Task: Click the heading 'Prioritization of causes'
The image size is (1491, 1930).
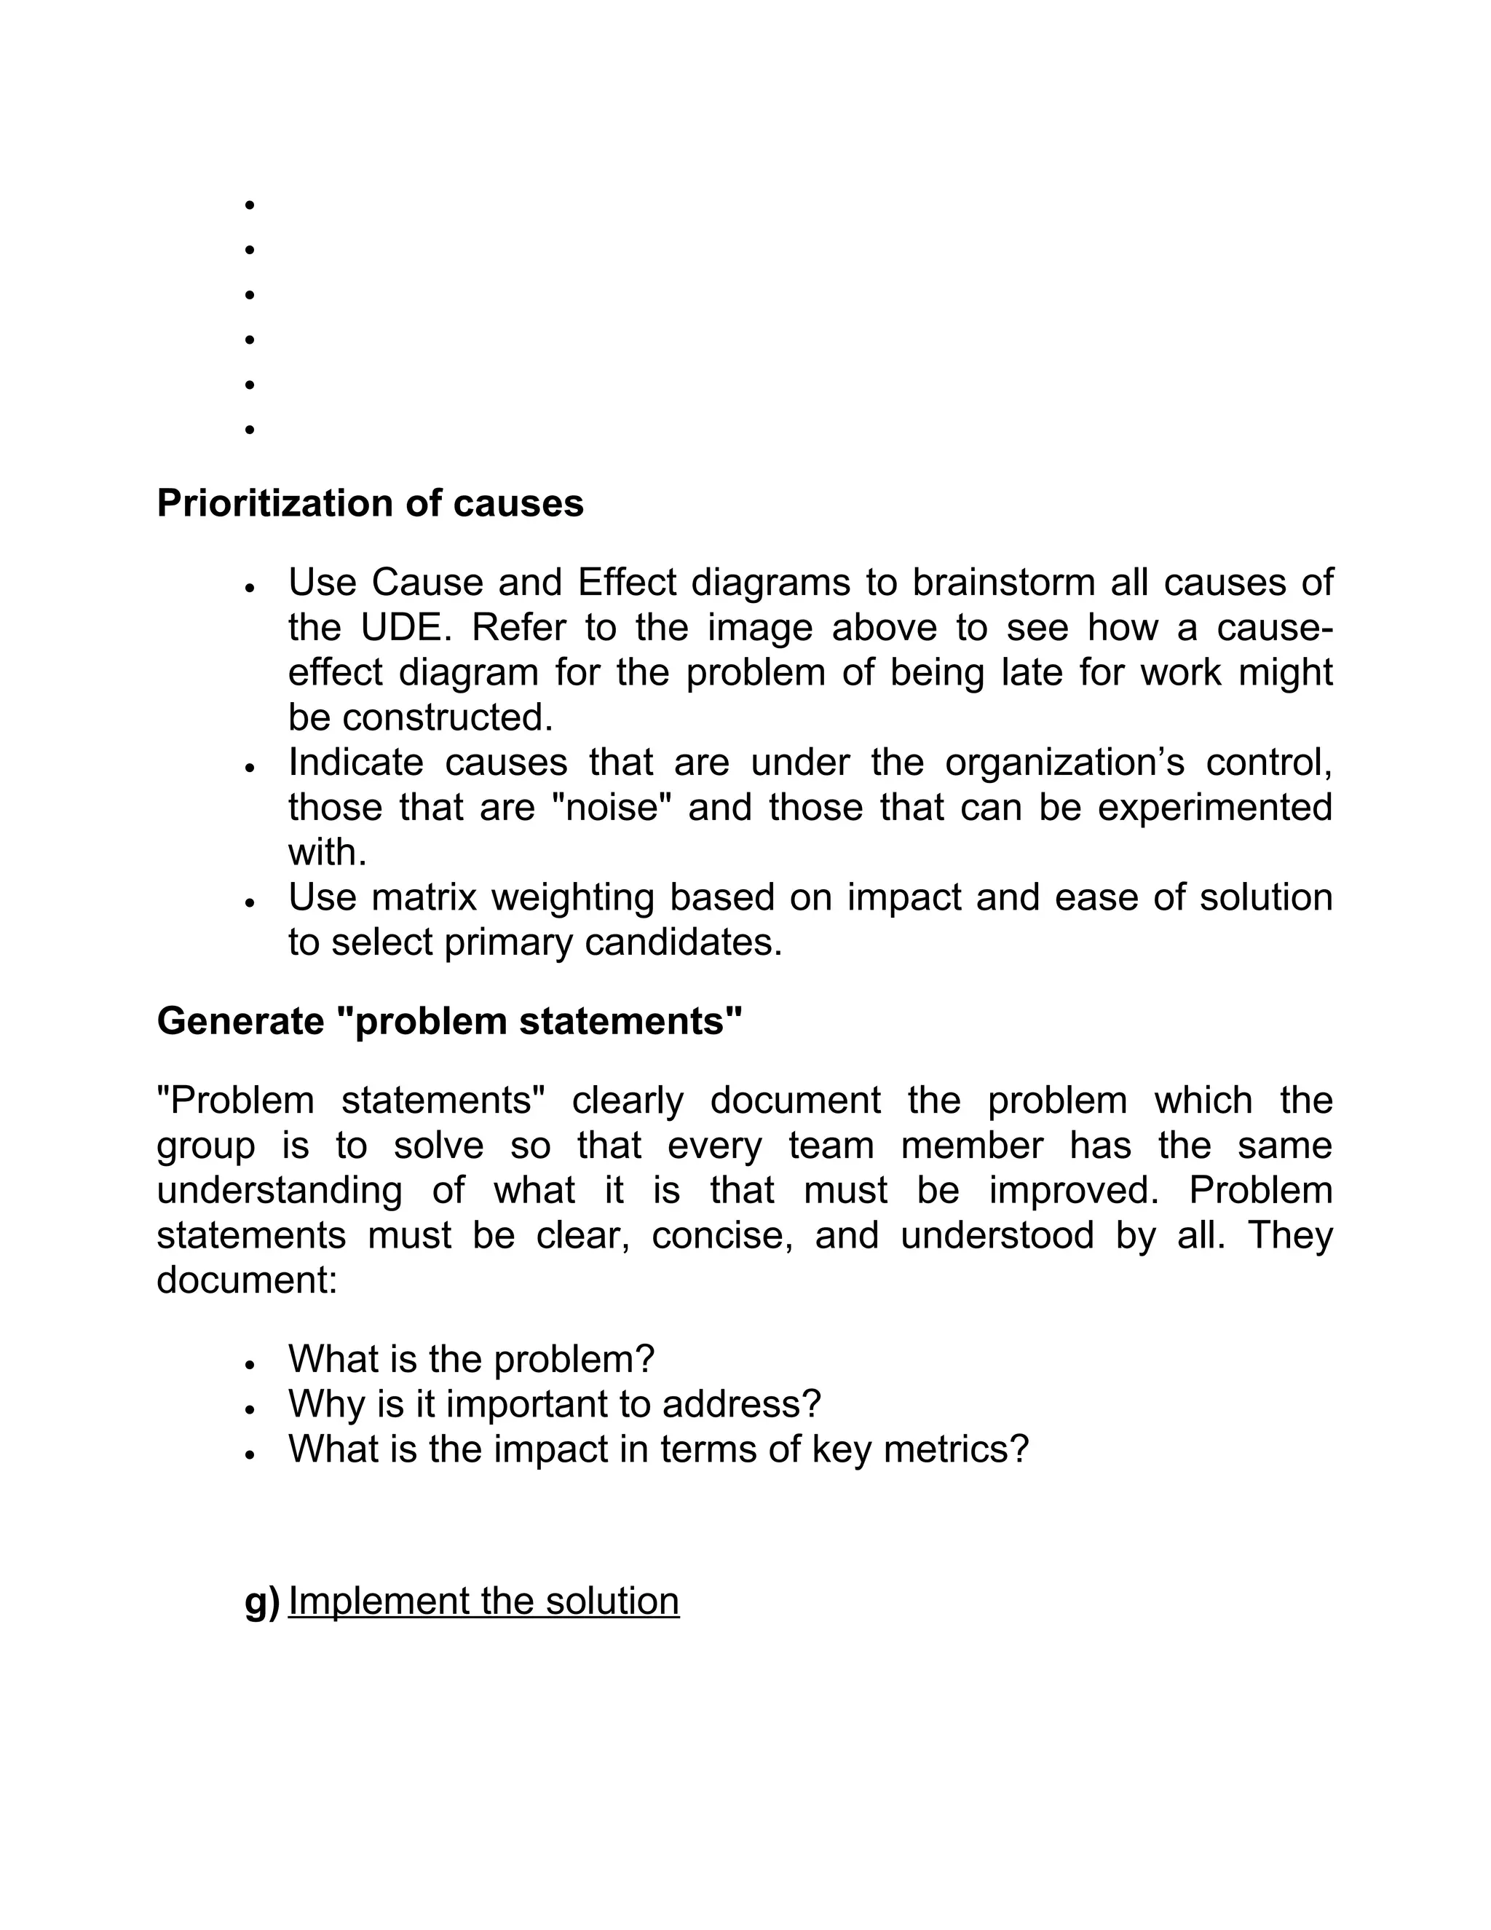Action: (x=370, y=504)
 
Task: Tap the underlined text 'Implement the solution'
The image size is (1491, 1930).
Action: (x=483, y=1602)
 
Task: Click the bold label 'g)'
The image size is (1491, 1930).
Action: (x=261, y=1602)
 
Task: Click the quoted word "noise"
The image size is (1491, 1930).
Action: (x=612, y=808)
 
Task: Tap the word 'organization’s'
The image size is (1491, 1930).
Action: (x=1064, y=763)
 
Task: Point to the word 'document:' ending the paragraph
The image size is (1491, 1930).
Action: (x=247, y=1280)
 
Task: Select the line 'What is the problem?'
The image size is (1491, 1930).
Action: (x=471, y=1359)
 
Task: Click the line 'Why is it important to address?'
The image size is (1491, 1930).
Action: (x=554, y=1404)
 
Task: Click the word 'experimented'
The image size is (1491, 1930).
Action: (x=1214, y=808)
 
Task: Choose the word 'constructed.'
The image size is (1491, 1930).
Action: (x=447, y=717)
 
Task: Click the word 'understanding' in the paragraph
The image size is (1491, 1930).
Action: (x=279, y=1190)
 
